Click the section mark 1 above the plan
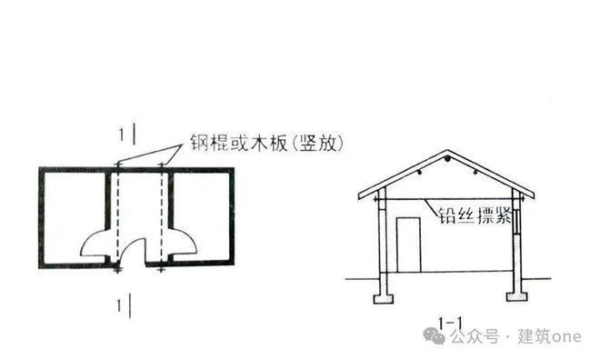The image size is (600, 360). coord(124,135)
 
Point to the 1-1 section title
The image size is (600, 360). coord(453,320)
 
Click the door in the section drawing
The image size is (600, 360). coord(408,244)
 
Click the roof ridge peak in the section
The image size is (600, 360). coord(447,161)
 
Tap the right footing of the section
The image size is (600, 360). coord(517,296)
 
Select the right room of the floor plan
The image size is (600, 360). coord(202,214)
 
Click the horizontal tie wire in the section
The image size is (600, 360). coord(427,201)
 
